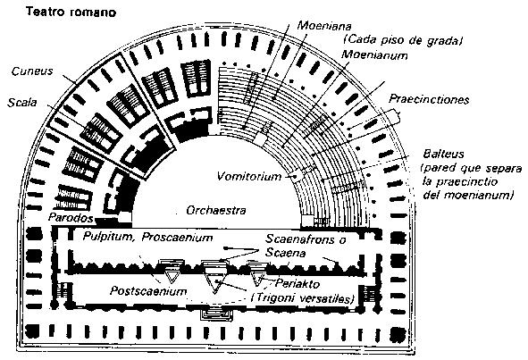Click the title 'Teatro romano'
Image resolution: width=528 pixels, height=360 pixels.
71,13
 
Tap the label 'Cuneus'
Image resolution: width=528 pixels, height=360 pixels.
32,71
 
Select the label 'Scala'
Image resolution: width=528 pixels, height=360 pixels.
22,102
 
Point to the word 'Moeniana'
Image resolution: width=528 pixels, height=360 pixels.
324,26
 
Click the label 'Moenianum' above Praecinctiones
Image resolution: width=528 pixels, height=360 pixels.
374,54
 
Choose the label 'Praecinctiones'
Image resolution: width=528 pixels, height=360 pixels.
429,99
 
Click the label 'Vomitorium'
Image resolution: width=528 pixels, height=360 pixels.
249,176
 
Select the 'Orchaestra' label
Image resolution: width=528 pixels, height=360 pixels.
216,210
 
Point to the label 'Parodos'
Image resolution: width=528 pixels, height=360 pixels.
71,218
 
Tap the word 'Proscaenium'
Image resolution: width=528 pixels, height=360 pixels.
177,237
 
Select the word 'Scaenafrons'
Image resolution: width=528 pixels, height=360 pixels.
300,239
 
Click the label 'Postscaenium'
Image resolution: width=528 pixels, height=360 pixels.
148,291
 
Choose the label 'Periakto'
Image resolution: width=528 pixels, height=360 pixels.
298,283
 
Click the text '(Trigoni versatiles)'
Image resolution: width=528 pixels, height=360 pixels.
303,298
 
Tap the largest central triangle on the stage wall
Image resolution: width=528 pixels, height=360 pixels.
214,282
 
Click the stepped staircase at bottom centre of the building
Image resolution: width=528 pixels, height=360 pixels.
215,314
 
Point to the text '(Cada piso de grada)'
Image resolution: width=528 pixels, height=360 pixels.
402,40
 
